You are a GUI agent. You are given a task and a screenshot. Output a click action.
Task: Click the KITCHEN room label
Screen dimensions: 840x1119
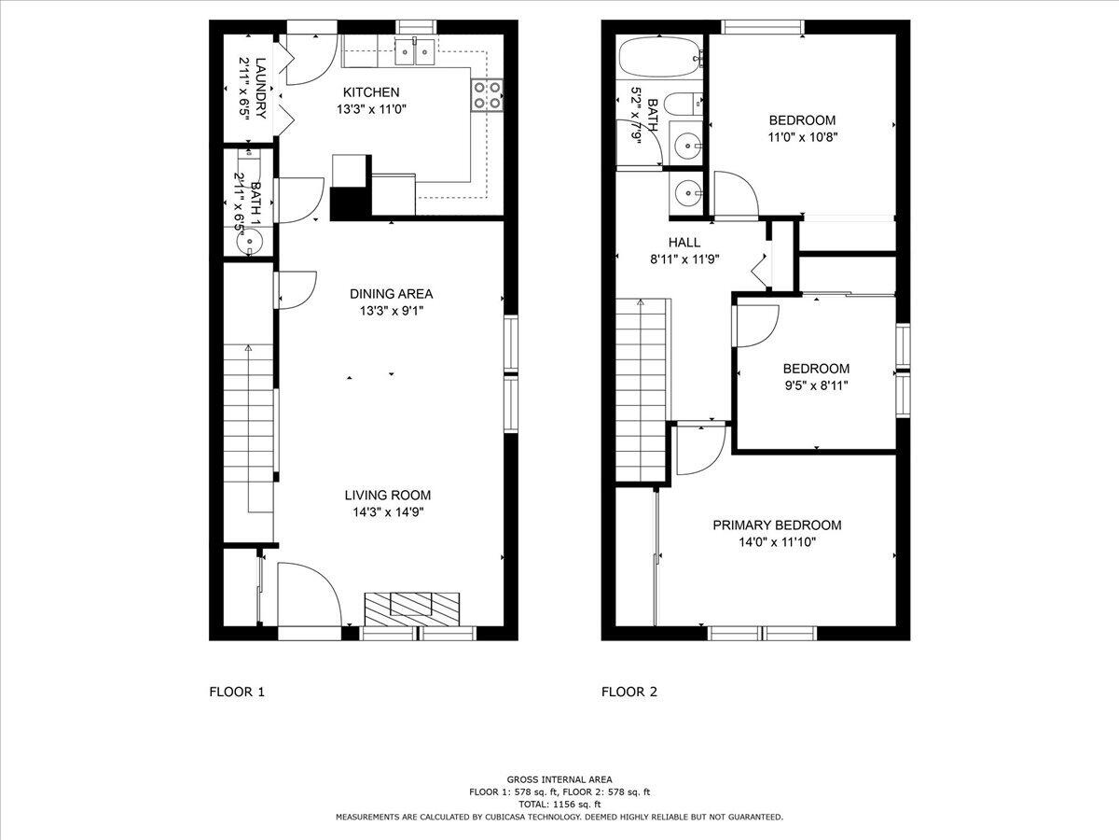point(371,92)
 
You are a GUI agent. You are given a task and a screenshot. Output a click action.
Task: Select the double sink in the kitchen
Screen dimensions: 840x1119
point(415,52)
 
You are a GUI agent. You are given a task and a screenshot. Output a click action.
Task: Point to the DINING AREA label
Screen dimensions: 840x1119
point(391,293)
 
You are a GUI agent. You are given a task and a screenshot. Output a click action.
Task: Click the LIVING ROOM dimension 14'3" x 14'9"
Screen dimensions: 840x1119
point(387,511)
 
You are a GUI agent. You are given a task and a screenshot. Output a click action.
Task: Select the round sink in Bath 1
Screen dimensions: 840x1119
point(251,242)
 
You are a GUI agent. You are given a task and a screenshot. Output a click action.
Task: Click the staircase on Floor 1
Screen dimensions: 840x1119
point(249,429)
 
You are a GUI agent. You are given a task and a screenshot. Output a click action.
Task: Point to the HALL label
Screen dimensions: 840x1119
point(684,243)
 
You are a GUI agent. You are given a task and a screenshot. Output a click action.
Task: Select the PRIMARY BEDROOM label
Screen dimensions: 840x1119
point(777,525)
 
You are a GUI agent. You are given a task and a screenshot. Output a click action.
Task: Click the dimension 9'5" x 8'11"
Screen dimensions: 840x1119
point(815,385)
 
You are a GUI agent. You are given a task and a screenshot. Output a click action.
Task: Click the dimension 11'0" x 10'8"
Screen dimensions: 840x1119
point(801,136)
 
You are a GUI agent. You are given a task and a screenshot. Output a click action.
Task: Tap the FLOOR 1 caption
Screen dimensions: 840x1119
point(237,692)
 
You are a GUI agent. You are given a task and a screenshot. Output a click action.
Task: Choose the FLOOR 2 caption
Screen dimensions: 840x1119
point(629,692)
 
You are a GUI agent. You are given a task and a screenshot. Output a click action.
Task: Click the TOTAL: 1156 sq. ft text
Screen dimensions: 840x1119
point(559,804)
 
